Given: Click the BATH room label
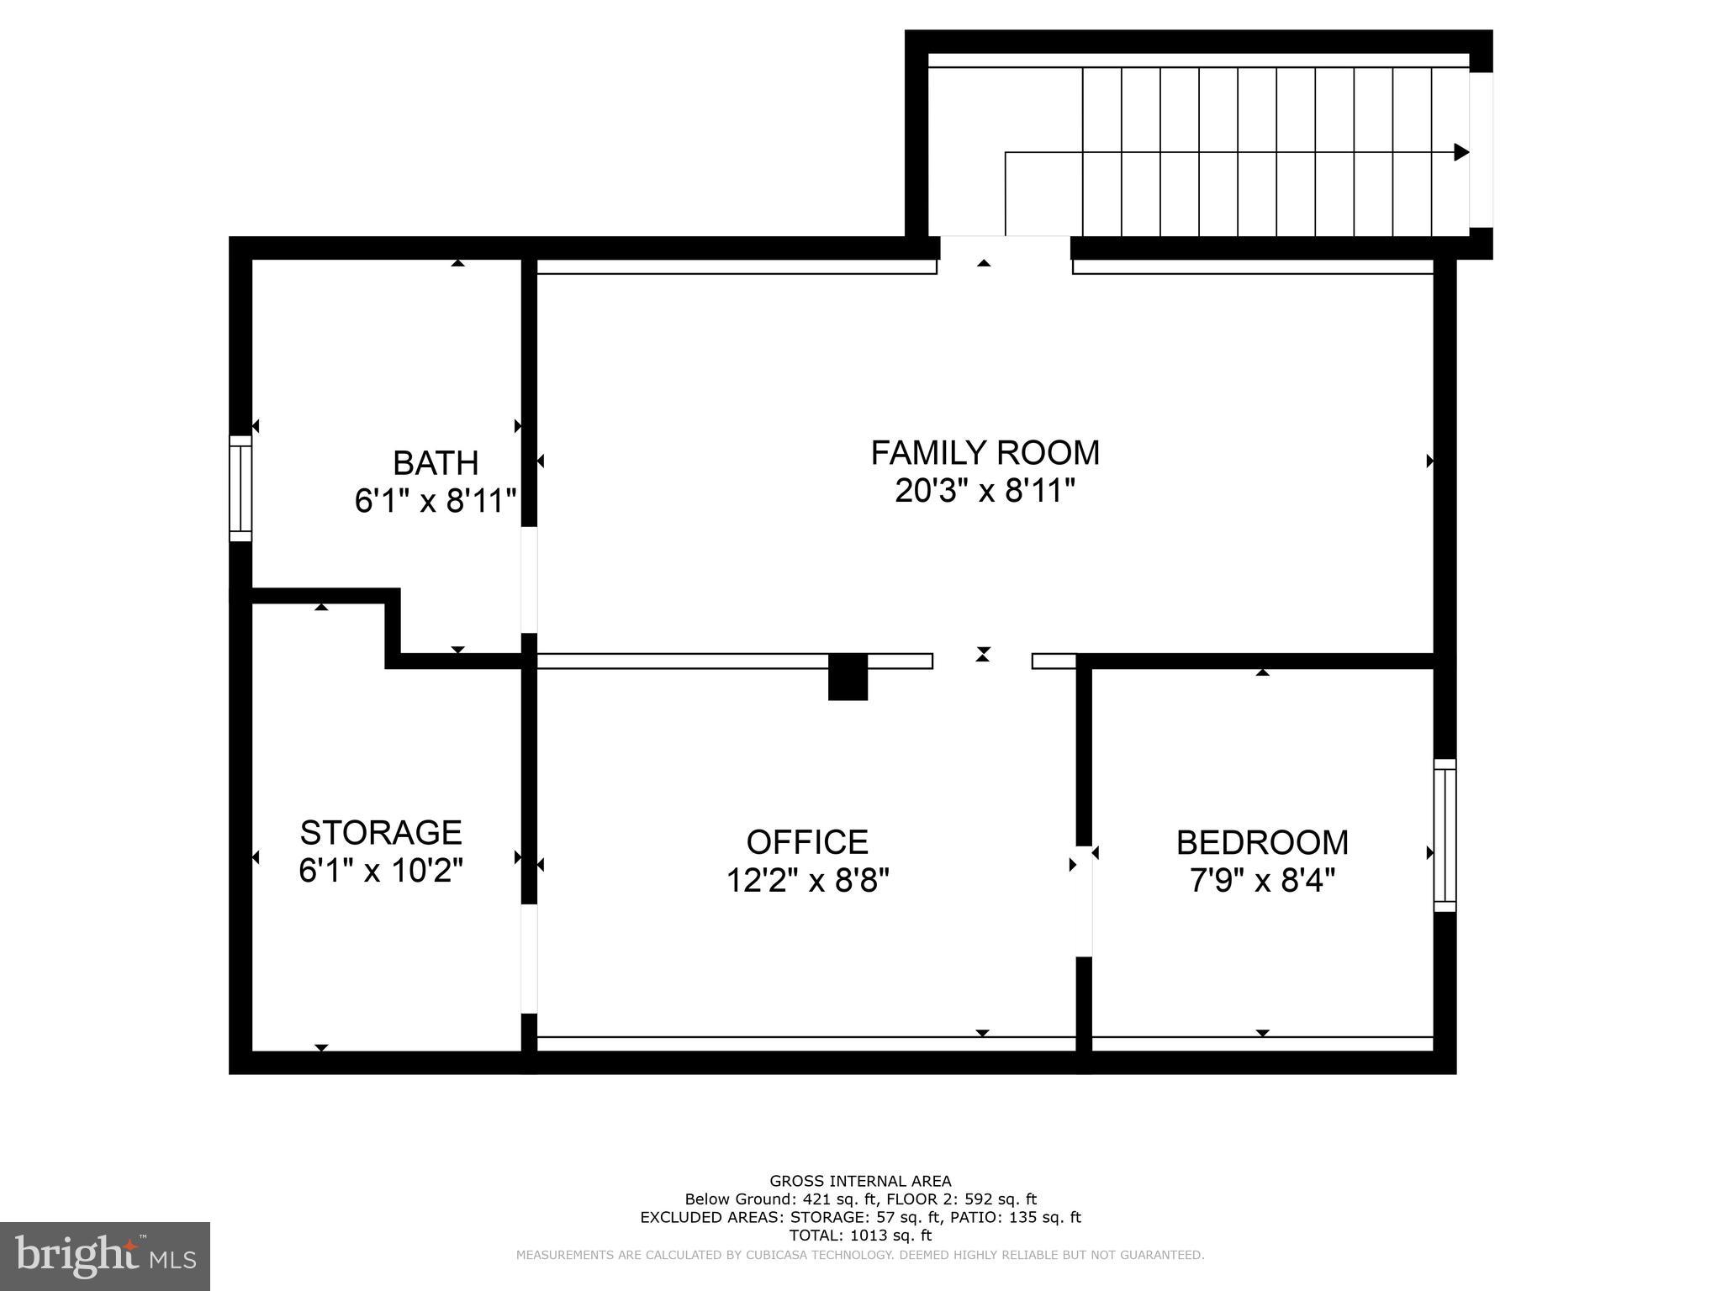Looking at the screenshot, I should coord(436,463).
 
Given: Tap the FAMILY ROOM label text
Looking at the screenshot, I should coord(985,453).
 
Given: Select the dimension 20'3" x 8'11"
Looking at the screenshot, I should coord(985,491).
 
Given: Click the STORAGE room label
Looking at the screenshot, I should coord(381,832).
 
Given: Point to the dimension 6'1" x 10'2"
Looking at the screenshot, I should coord(381,870).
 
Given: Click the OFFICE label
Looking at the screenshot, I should coord(807,842).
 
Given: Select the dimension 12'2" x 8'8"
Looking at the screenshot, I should coord(807,880).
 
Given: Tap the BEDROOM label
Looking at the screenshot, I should coord(1262,842).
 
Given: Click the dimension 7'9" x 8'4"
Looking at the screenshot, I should coord(1262,880).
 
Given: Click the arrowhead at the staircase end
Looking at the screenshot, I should coord(1461,152).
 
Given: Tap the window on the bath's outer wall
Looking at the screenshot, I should coord(240,488).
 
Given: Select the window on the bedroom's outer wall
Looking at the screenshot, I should coord(1445,835).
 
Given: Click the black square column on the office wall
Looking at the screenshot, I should coord(848,677).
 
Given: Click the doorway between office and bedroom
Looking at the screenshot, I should coord(1084,900).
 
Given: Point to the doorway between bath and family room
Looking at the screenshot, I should coord(529,580).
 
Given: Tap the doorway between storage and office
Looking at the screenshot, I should coord(529,958).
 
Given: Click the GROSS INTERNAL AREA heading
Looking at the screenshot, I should coord(860,1181).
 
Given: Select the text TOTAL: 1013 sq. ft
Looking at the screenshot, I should coord(860,1236).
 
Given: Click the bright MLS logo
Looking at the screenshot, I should coord(105,1256).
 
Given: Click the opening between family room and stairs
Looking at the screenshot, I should coord(1005,248).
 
